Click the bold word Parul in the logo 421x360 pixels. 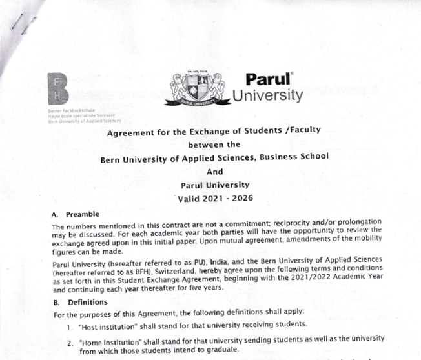tap(269, 80)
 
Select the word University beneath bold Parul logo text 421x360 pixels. tap(267, 96)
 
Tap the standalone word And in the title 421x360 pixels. tap(214, 172)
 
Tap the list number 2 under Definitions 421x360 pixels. tap(70, 339)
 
